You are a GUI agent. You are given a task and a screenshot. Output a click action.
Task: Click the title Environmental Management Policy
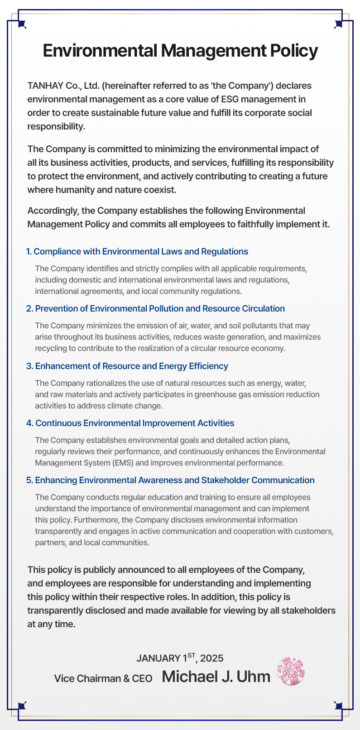click(x=180, y=51)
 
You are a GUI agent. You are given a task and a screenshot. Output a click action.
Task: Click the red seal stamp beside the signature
click(x=290, y=671)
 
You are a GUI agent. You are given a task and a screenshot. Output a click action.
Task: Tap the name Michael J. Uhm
click(x=216, y=677)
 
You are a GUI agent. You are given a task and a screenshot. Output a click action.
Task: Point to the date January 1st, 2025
click(x=180, y=658)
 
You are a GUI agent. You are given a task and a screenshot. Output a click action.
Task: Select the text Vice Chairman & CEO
click(x=103, y=678)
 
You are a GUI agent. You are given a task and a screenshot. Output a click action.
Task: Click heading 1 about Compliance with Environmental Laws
click(x=137, y=251)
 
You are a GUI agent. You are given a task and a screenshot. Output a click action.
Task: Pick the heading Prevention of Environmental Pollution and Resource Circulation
click(x=155, y=308)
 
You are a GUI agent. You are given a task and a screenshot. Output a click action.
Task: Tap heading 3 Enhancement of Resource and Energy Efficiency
click(x=127, y=366)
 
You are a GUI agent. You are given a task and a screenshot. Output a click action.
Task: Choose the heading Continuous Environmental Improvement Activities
click(x=130, y=423)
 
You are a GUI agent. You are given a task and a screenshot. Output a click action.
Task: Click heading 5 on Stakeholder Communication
click(x=170, y=480)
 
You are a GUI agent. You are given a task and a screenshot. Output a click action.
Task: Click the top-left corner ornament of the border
click(x=22, y=24)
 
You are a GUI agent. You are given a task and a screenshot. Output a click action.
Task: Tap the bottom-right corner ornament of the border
click(x=338, y=706)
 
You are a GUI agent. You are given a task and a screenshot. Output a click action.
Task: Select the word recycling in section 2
click(x=51, y=348)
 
